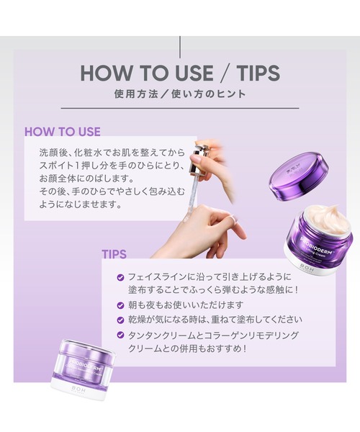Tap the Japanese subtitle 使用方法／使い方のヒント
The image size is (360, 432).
[x=179, y=94]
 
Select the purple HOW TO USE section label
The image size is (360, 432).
[x=63, y=132]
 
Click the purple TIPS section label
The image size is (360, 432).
[x=114, y=254]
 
